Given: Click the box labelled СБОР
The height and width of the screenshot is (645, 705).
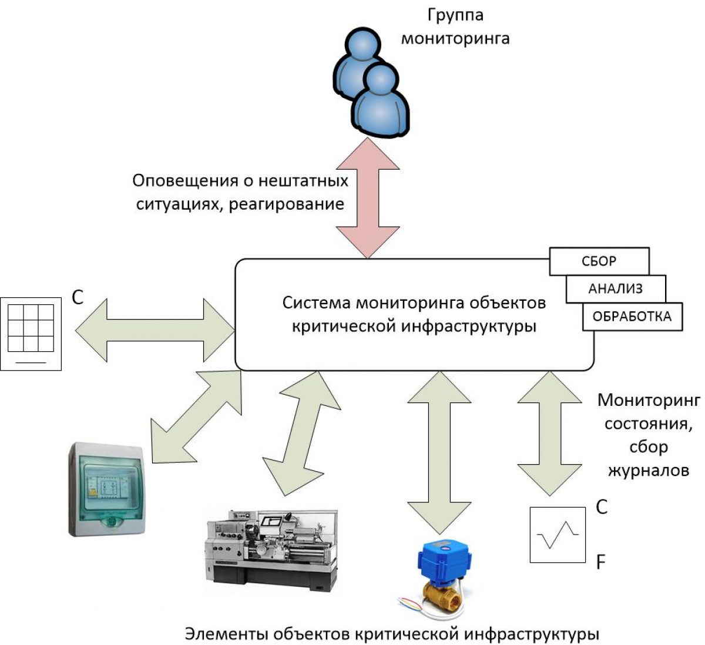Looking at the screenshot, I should click(x=599, y=261).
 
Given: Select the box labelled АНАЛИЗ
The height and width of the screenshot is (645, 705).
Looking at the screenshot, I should click(x=615, y=288).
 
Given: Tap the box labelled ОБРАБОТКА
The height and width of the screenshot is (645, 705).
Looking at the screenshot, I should click(x=632, y=316).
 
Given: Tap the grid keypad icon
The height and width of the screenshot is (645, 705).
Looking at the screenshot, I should click(x=31, y=333).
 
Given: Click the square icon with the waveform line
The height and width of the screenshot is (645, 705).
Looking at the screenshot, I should click(x=558, y=535).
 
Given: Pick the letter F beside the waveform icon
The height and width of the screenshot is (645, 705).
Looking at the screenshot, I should click(x=600, y=563).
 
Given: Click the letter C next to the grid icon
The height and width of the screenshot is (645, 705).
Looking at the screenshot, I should click(x=78, y=298).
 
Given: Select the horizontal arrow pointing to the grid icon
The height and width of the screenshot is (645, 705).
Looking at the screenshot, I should click(x=156, y=330).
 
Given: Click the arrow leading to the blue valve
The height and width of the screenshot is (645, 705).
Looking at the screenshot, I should click(x=439, y=444).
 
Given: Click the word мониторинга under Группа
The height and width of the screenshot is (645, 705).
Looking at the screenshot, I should click(x=455, y=39).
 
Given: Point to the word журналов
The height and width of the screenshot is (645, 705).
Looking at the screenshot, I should click(x=649, y=470).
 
